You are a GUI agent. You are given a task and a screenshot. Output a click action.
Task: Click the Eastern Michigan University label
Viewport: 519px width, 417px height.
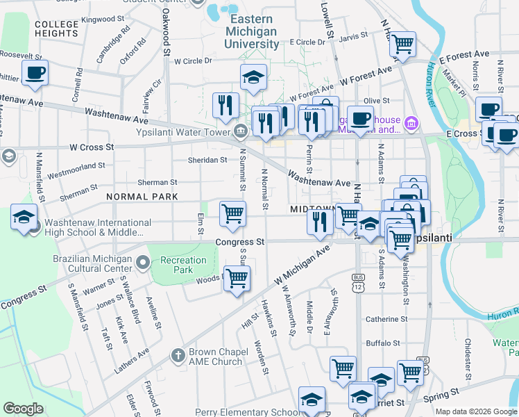[253, 31]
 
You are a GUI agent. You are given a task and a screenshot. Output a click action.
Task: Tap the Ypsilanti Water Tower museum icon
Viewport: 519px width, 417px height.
[239, 130]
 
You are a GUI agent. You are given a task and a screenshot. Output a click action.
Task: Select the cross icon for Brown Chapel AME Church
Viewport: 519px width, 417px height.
[178, 356]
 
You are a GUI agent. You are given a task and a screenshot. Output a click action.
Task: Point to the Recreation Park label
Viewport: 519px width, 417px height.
[183, 265]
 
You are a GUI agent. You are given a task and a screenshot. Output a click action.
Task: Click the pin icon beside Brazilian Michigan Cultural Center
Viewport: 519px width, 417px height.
[143, 262]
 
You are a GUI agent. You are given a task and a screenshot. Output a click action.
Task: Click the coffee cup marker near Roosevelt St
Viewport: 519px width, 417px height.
[34, 72]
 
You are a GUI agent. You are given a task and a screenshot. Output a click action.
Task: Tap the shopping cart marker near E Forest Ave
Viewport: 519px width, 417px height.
[402, 44]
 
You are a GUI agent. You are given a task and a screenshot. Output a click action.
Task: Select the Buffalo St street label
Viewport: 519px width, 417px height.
[384, 343]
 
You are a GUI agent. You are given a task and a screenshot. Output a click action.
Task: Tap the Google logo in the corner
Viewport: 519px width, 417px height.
[23, 409]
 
